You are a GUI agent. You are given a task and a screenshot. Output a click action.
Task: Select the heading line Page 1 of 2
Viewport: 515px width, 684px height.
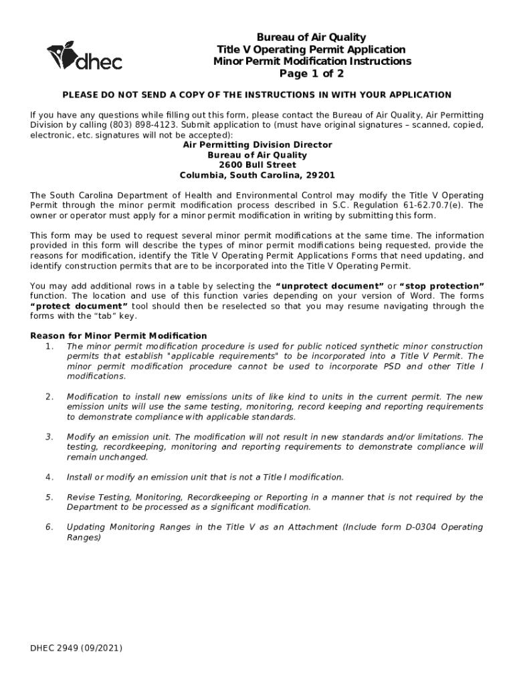point(312,73)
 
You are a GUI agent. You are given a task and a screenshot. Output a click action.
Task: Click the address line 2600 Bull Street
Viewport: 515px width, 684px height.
point(257,165)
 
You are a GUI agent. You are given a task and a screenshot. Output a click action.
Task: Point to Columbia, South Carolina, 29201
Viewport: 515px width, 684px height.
point(257,175)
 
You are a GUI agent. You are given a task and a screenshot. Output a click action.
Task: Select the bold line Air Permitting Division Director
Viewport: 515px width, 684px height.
point(257,145)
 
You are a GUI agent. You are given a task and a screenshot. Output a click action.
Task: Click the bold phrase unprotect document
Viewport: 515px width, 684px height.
point(330,286)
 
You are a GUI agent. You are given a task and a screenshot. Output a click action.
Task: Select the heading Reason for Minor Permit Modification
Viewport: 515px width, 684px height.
point(119,335)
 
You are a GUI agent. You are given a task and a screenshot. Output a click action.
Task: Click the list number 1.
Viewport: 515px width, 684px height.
point(49,346)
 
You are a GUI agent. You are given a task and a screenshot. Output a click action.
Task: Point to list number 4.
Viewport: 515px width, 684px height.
point(49,477)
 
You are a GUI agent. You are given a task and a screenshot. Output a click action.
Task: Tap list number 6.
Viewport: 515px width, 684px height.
point(49,527)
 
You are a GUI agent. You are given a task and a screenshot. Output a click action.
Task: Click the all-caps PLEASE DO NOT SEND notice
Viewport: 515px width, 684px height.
point(257,95)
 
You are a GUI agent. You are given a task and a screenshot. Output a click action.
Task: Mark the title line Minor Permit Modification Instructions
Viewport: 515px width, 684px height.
point(312,61)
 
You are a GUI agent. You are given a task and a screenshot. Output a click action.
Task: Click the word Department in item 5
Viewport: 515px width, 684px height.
point(92,507)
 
